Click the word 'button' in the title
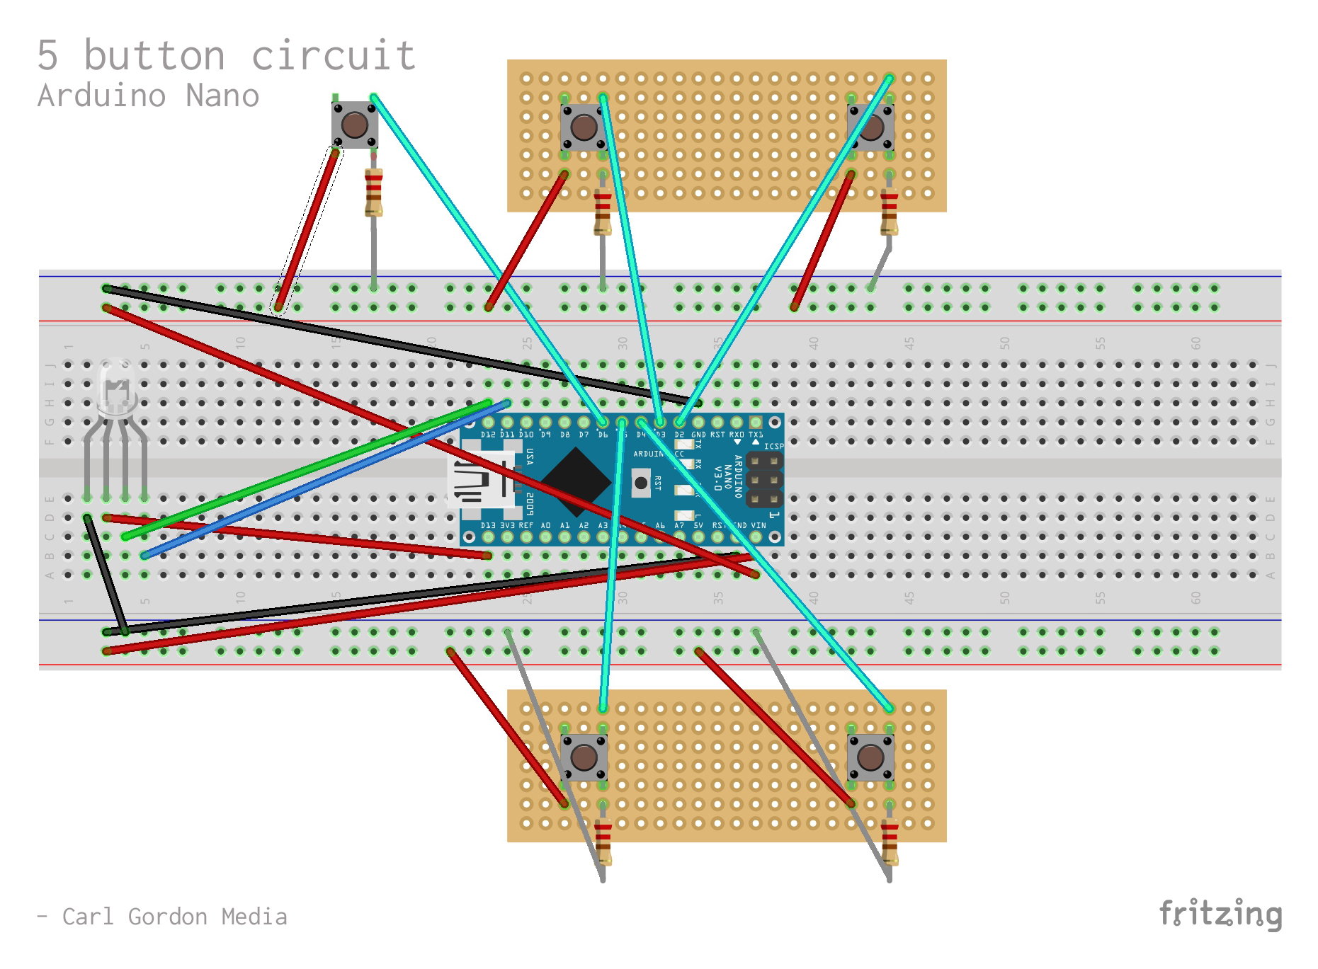pyautogui.click(x=154, y=56)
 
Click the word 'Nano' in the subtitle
pyautogui.click(x=222, y=96)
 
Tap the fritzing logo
pyautogui.click(x=1220, y=914)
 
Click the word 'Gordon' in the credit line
pyautogui.click(x=168, y=917)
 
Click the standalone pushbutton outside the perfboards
pyautogui.click(x=354, y=125)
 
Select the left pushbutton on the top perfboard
pyautogui.click(x=584, y=127)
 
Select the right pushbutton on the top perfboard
pyautogui.click(x=870, y=127)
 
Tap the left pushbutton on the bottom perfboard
pyautogui.click(x=584, y=757)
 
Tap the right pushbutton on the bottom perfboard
pyautogui.click(x=870, y=757)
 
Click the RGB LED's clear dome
pyautogui.click(x=116, y=386)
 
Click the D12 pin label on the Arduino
pyautogui.click(x=488, y=435)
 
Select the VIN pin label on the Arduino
pyautogui.click(x=759, y=526)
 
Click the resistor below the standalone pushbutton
pyautogui.click(x=373, y=192)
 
